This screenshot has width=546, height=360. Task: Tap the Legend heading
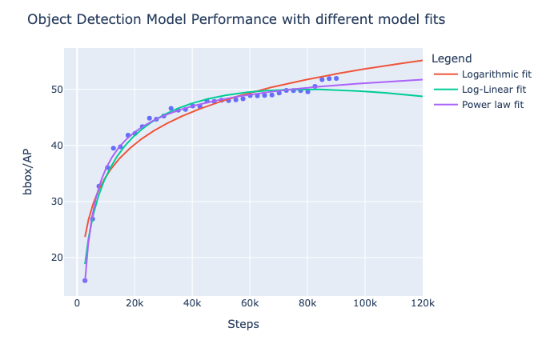(451, 58)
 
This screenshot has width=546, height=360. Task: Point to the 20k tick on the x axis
(134, 304)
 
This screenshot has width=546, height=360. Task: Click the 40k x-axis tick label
(192, 304)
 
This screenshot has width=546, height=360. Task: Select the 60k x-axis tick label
(250, 304)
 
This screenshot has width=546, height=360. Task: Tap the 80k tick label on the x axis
(307, 304)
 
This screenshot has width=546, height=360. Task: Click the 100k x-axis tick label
(365, 304)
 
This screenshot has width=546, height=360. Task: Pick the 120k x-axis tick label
(422, 304)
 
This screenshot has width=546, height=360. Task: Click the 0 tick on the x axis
(77, 304)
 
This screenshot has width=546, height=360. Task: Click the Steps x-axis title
(243, 324)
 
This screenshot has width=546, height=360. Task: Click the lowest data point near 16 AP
(85, 280)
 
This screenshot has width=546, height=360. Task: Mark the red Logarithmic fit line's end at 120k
(422, 61)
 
